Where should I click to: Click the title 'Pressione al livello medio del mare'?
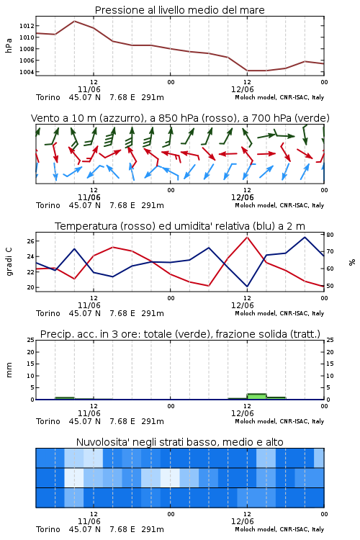tap(179, 10)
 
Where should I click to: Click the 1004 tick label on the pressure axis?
tap(27, 72)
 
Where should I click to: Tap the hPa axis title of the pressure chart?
tap(9, 45)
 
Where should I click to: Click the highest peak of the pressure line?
tap(74, 21)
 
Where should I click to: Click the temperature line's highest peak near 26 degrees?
tap(247, 237)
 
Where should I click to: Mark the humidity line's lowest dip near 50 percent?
tap(247, 287)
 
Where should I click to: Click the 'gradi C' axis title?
tap(9, 262)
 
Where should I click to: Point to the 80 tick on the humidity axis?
tap(330, 235)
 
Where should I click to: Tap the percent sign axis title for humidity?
tap(352, 262)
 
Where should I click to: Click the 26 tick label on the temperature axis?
tap(30, 241)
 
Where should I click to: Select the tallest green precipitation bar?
tap(256, 397)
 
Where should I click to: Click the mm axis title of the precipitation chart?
tap(9, 370)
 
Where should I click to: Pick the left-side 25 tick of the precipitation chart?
tap(31, 340)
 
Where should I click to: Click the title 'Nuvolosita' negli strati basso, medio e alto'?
tap(179, 442)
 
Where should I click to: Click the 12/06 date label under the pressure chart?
tap(243, 89)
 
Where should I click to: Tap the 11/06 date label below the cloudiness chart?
tap(89, 521)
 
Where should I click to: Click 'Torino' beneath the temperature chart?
tap(48, 313)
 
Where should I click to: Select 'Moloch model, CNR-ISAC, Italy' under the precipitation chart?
tap(279, 421)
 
